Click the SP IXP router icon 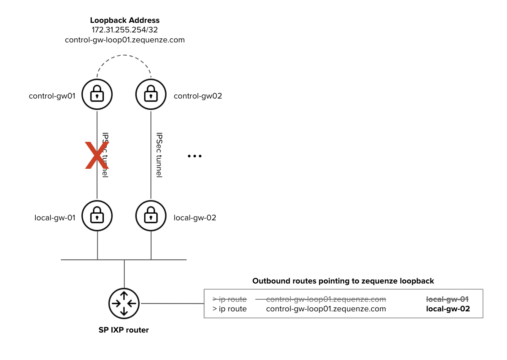pyautogui.click(x=124, y=303)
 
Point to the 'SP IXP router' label pyautogui.click(x=124, y=330)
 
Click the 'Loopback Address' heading pyautogui.click(x=125, y=20)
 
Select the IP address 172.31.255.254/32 pyautogui.click(x=125, y=30)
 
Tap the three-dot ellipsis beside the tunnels pyautogui.click(x=194, y=156)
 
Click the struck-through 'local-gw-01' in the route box pyautogui.click(x=448, y=299)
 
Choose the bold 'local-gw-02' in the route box pyautogui.click(x=448, y=309)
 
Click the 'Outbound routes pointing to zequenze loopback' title pyautogui.click(x=343, y=281)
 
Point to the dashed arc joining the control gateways pyautogui.click(x=124, y=56)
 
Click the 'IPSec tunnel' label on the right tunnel pyautogui.click(x=159, y=155)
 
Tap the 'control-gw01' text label pyautogui.click(x=52, y=96)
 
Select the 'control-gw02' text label pyautogui.click(x=198, y=96)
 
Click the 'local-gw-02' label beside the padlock pyautogui.click(x=195, y=217)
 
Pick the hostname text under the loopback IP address pyautogui.click(x=125, y=40)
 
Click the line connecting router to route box pyautogui.click(x=172, y=303)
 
